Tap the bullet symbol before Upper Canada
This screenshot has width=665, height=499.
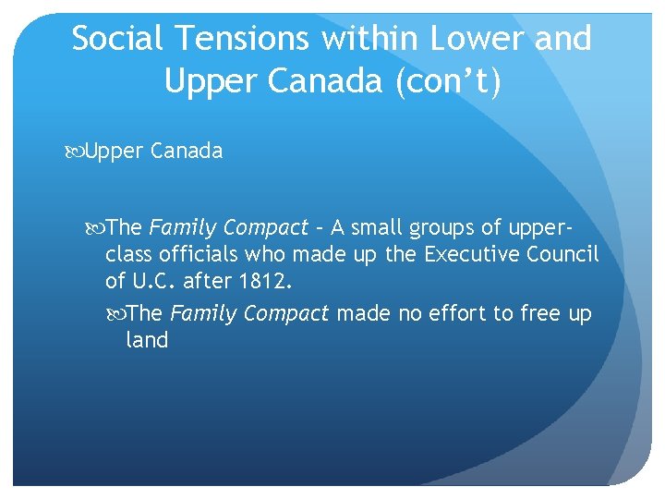[76, 152]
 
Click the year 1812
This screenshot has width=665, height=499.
[266, 280]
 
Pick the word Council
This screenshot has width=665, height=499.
[564, 253]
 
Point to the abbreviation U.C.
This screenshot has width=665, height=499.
[163, 280]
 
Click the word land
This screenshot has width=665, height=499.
[147, 340]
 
